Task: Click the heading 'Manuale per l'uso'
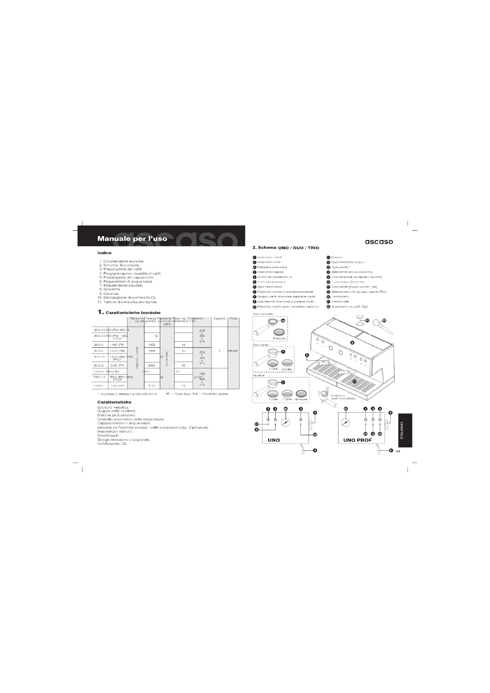click(132, 239)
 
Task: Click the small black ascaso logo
click(379, 242)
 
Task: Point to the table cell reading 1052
click(152, 345)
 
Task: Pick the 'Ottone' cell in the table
click(233, 351)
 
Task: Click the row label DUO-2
click(99, 365)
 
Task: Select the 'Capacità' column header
click(219, 319)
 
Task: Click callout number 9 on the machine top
click(352, 342)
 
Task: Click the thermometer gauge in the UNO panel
click(285, 423)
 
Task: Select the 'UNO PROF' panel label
click(357, 440)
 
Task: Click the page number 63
click(398, 451)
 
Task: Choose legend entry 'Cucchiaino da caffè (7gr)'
click(350, 307)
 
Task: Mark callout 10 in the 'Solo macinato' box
click(283, 321)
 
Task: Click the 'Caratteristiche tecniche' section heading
click(133, 313)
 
